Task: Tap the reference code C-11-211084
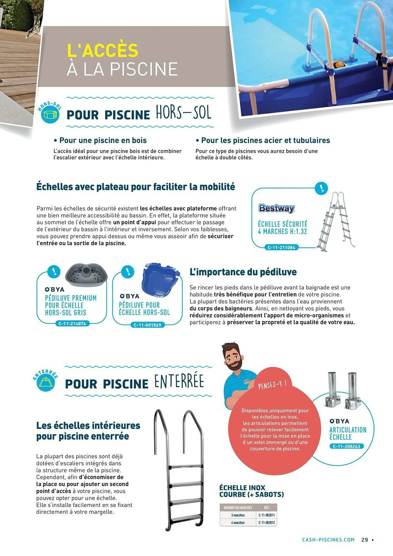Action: click(x=281, y=247)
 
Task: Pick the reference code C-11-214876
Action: click(x=72, y=324)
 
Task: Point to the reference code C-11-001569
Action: click(x=147, y=325)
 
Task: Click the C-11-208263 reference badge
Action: click(x=346, y=446)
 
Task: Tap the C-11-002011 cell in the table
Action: click(x=266, y=515)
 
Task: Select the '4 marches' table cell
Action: click(x=238, y=523)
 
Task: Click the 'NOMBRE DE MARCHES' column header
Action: click(x=238, y=508)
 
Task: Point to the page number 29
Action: click(x=365, y=540)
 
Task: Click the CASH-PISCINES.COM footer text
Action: click(x=328, y=540)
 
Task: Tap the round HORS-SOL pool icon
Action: click(x=50, y=115)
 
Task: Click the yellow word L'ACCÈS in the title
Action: click(x=103, y=51)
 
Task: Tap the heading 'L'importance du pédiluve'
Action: click(x=243, y=272)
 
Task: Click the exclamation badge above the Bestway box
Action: click(x=322, y=188)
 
